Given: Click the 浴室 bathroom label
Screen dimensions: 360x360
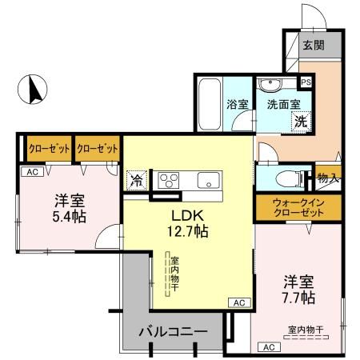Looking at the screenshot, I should coord(237,104).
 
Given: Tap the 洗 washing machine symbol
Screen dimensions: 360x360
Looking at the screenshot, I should coord(299,122).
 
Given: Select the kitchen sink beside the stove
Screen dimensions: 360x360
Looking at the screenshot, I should coord(208,180).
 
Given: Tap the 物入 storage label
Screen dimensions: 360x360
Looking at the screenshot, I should coord(326,178).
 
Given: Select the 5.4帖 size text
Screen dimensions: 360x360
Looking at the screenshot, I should coord(70,217).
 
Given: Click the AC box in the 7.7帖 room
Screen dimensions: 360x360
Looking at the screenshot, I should coord(268,346).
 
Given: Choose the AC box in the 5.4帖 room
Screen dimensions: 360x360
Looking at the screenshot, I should coord(32,171).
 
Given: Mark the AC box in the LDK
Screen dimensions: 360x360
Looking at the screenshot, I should coord(238,302).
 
